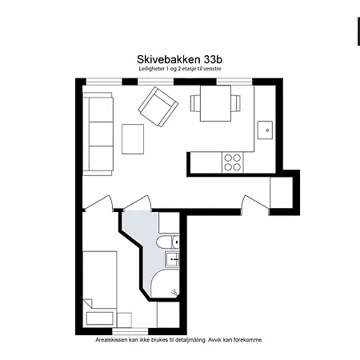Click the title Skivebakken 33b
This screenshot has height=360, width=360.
point(179,59)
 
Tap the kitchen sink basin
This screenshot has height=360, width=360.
point(265,130)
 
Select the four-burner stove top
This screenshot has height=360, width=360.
point(233,162)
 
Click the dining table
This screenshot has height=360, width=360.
point(215,103)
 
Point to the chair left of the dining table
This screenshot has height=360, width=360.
point(195,103)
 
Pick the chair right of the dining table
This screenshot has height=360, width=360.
point(235,103)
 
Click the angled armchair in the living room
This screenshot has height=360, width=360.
point(158,106)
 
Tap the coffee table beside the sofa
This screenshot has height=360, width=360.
point(133,139)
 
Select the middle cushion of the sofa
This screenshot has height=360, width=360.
point(101,134)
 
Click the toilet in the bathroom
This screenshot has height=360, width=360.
point(168,242)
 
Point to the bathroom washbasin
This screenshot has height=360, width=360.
point(172,259)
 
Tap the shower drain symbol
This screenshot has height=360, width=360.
point(174,292)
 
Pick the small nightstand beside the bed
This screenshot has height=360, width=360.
point(124,320)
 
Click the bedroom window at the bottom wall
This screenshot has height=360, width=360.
point(130,331)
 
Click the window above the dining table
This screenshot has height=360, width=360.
point(234,82)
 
